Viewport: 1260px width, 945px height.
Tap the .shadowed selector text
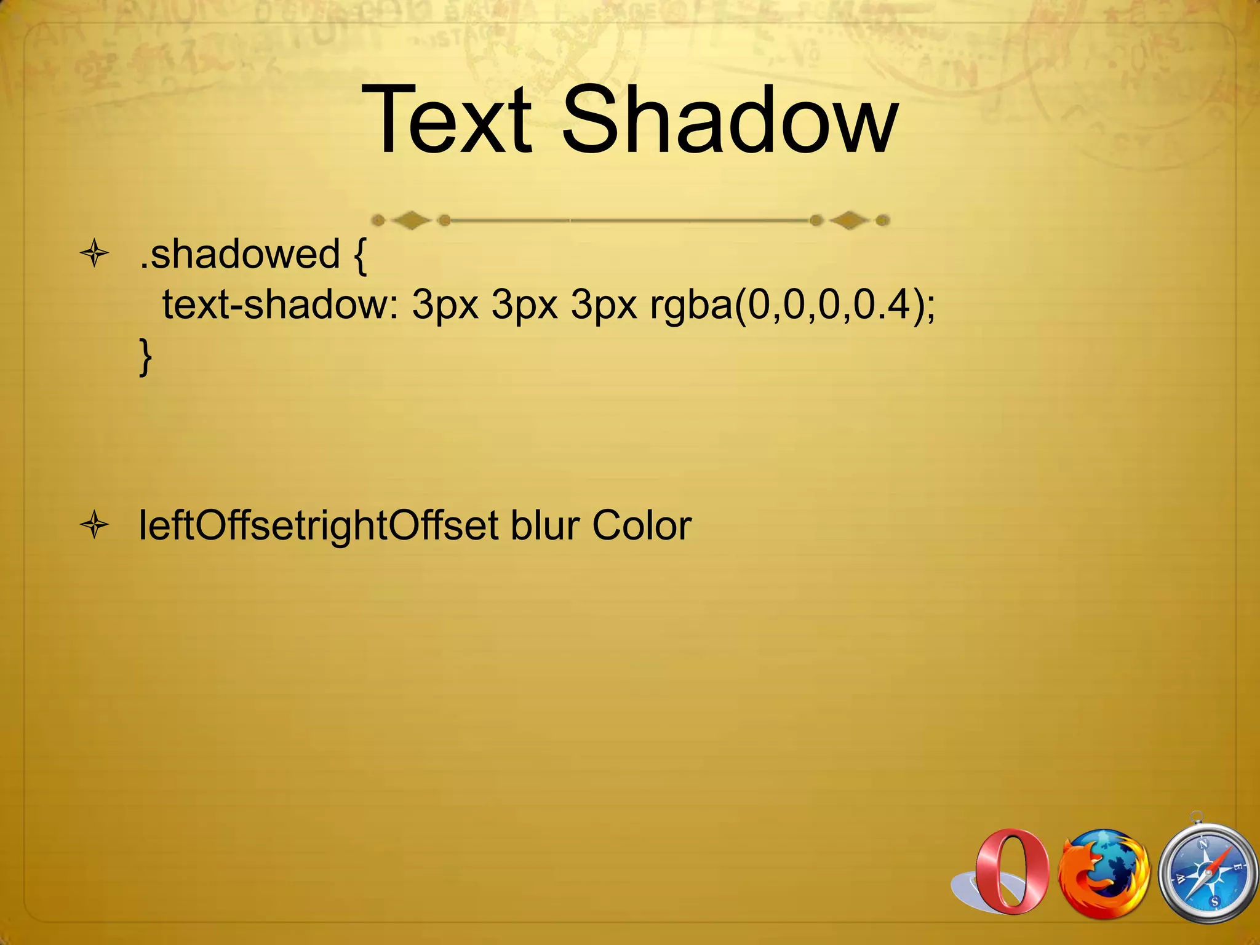pyautogui.click(x=239, y=253)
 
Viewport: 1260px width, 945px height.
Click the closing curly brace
pyautogui.click(x=145, y=357)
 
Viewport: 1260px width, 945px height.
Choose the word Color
pyautogui.click(x=642, y=526)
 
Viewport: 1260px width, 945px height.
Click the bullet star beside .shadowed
pyautogui.click(x=95, y=254)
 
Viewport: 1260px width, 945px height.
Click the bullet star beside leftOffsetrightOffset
pyautogui.click(x=95, y=526)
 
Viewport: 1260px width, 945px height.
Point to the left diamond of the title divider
pyautogui.click(x=411, y=220)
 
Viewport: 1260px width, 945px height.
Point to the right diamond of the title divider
pyautogui.click(x=849, y=220)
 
